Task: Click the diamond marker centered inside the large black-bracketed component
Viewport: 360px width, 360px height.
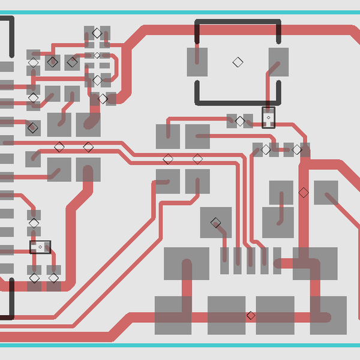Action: click(x=238, y=62)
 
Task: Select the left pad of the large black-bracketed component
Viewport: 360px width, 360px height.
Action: click(x=197, y=62)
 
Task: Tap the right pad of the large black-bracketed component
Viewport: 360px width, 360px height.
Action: click(x=278, y=62)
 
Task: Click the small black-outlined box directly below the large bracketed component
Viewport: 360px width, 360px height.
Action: click(x=268, y=118)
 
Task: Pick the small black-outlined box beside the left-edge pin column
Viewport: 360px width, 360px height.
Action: click(x=40, y=247)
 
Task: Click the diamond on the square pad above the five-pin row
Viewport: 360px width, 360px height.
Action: click(x=215, y=223)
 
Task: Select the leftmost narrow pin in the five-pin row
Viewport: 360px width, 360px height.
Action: click(x=224, y=260)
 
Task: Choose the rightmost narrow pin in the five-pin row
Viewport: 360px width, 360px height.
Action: click(x=277, y=260)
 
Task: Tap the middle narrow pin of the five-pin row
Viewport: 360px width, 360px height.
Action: click(x=251, y=260)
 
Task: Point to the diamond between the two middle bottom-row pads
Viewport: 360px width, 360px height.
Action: click(x=251, y=316)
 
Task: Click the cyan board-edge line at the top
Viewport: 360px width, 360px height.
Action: click(x=180, y=13)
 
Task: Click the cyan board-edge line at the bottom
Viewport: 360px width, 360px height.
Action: click(x=180, y=346)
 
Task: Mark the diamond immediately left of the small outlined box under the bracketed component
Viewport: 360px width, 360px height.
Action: click(x=240, y=121)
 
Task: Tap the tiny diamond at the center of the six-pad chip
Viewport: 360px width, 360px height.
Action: click(x=97, y=56)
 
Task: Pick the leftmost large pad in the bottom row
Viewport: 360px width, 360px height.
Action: click(x=173, y=316)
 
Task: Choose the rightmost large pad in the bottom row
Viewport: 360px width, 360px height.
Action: click(x=328, y=316)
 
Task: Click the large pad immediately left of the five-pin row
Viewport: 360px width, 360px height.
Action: click(x=187, y=263)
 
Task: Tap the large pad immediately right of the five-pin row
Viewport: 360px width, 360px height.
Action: click(x=315, y=263)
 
